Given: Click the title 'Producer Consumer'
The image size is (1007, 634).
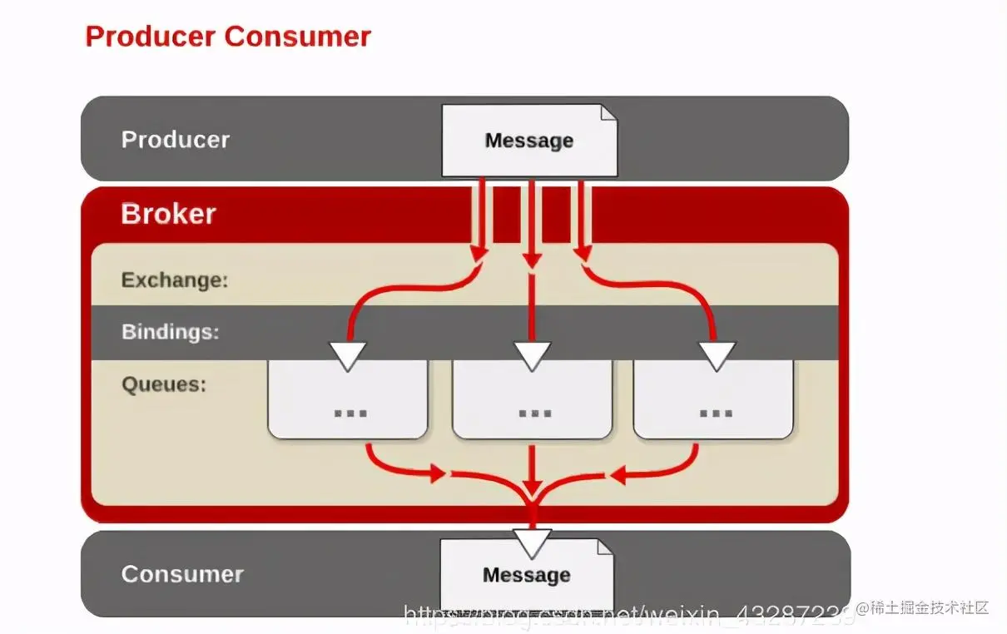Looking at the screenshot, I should click(x=228, y=37).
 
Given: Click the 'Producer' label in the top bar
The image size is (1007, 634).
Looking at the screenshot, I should click(x=175, y=139).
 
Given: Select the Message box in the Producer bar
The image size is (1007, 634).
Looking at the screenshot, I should click(x=528, y=141).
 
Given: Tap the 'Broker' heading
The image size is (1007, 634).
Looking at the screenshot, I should click(x=168, y=214).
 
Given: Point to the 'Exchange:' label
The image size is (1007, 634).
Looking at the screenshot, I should click(x=174, y=280).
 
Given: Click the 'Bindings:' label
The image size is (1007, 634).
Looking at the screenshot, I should click(x=170, y=332).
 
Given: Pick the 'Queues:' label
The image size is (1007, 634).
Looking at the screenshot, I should click(x=163, y=384).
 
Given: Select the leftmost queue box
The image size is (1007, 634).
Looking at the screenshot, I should click(x=347, y=404).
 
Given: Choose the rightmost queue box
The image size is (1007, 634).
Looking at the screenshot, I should click(x=713, y=404).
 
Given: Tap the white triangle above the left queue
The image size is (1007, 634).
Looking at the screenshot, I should click(x=348, y=355).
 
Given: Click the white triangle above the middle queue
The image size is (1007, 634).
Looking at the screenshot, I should click(x=533, y=355).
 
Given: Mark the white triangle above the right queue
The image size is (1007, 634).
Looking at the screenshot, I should click(x=717, y=355).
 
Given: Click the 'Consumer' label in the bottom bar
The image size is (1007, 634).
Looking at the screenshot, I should click(x=181, y=574).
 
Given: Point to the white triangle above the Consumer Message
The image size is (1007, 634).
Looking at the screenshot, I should click(x=533, y=542).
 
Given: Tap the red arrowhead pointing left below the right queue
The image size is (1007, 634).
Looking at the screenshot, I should click(x=618, y=475).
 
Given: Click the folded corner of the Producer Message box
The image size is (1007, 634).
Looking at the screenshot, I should click(x=608, y=112).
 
